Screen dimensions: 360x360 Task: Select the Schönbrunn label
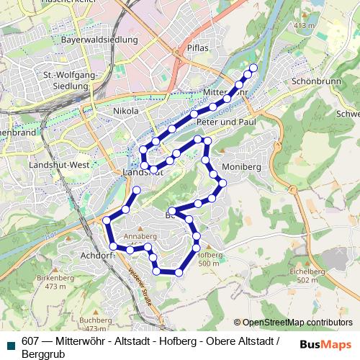tap(310, 82)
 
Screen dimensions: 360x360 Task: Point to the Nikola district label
tap(125, 111)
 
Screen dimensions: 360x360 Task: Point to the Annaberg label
tap(140, 235)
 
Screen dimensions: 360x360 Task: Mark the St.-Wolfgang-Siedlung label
tap(65, 81)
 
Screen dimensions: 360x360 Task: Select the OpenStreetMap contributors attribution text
tap(297, 322)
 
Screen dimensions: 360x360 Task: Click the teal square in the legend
tap(9, 343)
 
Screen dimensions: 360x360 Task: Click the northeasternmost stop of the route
tap(253, 68)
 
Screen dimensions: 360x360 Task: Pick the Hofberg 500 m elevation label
tap(208, 259)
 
